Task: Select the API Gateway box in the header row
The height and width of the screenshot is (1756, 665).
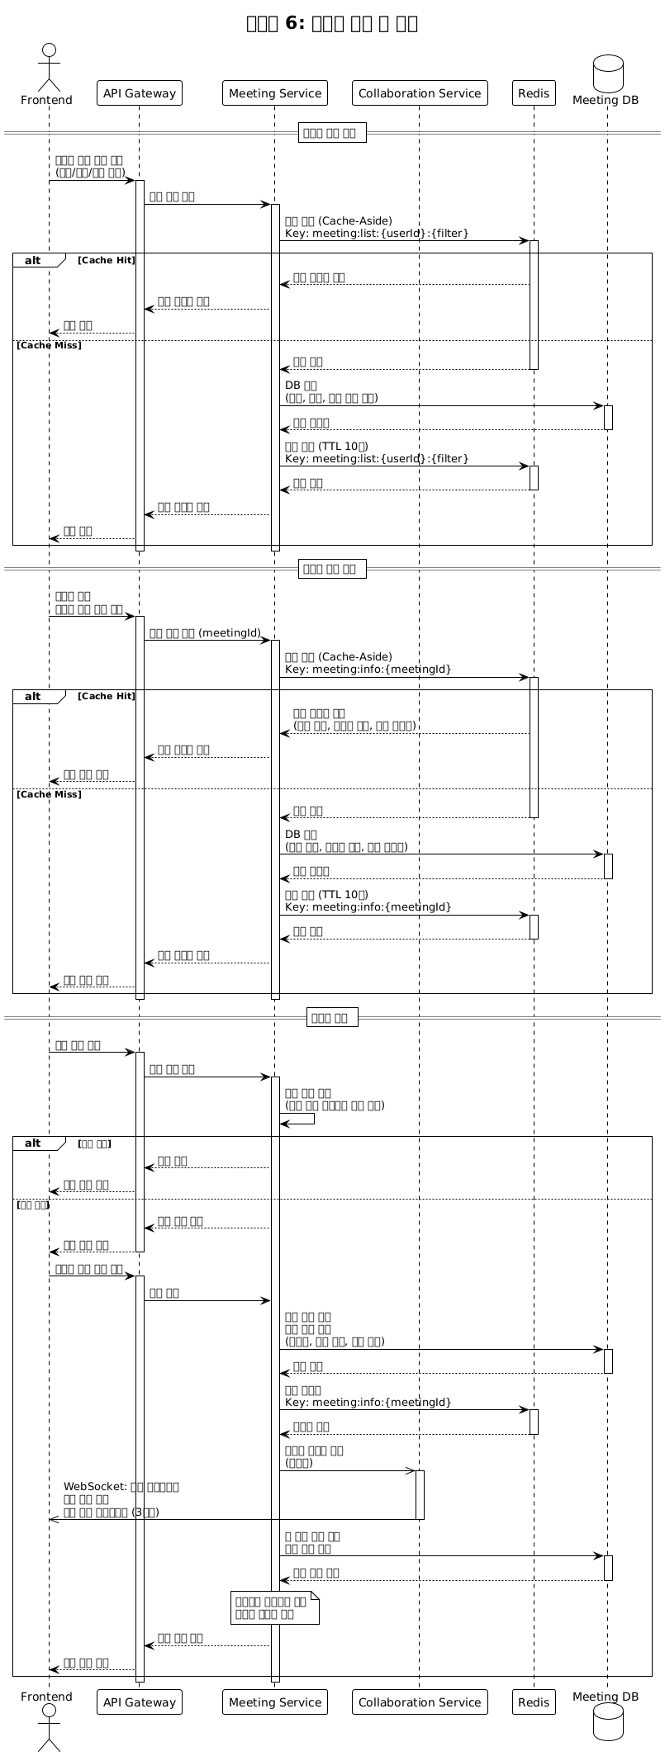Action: pyautogui.click(x=139, y=92)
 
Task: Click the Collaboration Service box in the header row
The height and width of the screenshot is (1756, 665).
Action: pyautogui.click(x=420, y=92)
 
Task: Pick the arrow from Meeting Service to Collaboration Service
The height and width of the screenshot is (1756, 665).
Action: pyautogui.click(x=347, y=1470)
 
